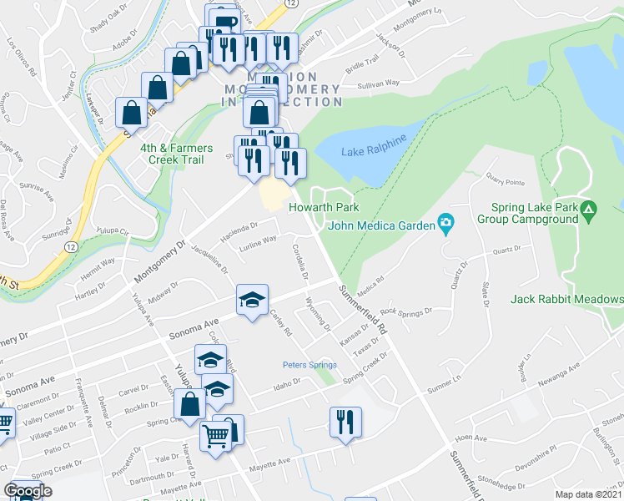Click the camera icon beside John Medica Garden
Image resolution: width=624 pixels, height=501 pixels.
tap(447, 223)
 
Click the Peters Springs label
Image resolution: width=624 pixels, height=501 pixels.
tap(309, 365)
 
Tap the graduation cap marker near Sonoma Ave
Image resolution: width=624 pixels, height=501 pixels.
tap(250, 301)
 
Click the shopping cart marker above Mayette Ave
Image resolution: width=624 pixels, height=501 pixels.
tap(216, 436)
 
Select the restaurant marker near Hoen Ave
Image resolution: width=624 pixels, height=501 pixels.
tap(344, 421)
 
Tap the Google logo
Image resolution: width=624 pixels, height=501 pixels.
tap(28, 491)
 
